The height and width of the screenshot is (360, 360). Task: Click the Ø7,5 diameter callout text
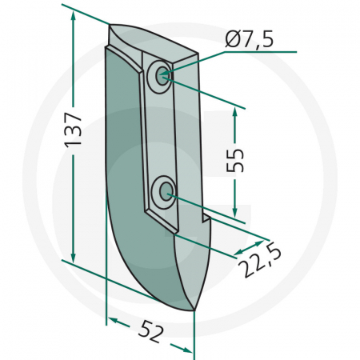(x=251, y=38)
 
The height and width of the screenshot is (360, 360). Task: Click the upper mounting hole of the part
(x=162, y=77)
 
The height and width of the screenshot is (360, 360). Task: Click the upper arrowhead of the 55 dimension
(x=234, y=113)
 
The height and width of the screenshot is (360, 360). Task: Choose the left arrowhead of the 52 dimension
(x=112, y=321)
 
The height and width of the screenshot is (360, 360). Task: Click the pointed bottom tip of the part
(x=192, y=310)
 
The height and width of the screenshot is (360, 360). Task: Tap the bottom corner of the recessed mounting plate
(x=173, y=232)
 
